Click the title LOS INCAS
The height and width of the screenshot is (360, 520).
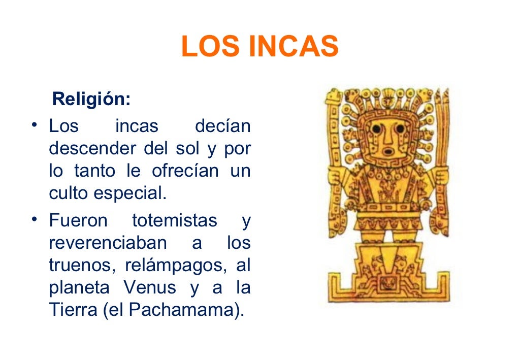pos(259,47)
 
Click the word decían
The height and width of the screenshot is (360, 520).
pos(223,126)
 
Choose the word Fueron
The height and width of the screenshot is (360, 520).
pos(78,221)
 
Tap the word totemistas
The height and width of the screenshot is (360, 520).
pos(175,221)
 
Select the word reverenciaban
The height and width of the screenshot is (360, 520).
pos(108,243)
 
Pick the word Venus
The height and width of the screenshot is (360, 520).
pos(150,288)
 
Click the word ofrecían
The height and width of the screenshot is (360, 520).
pos(186,171)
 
